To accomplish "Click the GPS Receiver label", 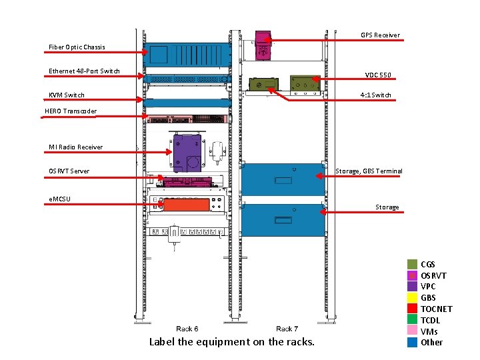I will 380,35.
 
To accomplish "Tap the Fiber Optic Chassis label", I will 77,47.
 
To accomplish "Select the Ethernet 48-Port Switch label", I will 84,71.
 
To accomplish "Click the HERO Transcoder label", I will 71,111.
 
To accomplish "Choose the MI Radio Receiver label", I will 76,147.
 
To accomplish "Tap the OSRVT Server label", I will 69,171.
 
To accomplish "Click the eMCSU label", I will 60,199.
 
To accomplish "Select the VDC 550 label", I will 378,75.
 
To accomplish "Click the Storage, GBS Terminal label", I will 369,171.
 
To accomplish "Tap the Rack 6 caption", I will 187,329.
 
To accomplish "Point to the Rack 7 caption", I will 287,329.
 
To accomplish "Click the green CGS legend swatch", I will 413,265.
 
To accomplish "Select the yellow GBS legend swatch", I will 413,297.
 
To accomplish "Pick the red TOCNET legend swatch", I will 413,309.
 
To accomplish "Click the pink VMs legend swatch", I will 413,331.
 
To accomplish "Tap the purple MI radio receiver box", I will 187,151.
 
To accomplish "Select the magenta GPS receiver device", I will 263,44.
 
